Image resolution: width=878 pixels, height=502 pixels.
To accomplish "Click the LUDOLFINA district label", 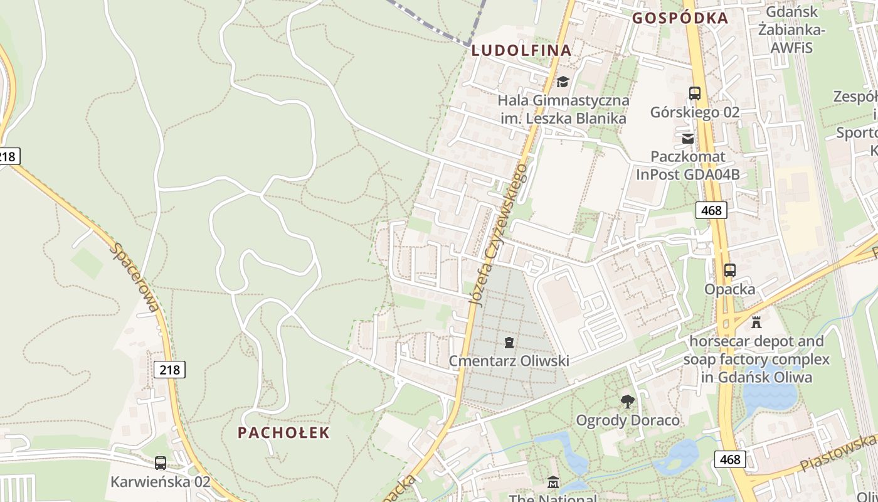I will click(521, 51).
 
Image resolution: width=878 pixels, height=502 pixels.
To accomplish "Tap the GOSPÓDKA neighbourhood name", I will click(680, 18).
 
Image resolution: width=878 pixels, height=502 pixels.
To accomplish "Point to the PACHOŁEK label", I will click(283, 432).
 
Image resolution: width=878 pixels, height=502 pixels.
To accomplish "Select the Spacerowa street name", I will click(135, 276).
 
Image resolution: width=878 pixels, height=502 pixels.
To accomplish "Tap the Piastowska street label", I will click(838, 453).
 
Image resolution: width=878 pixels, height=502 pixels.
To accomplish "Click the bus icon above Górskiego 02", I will click(695, 93).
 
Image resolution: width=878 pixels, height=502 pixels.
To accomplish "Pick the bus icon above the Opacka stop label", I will click(729, 270).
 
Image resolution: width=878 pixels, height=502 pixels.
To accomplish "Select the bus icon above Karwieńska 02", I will click(161, 463).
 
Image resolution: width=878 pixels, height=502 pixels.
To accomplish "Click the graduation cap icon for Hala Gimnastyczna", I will click(563, 82).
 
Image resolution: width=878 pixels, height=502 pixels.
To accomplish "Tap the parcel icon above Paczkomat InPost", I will click(688, 138).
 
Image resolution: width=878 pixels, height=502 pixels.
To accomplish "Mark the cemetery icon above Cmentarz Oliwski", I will click(509, 343).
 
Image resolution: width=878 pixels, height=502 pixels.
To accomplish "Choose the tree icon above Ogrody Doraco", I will click(627, 402).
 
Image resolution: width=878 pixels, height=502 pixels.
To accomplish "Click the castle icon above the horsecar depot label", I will click(756, 323).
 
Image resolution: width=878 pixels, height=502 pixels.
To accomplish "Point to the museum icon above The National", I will click(553, 483).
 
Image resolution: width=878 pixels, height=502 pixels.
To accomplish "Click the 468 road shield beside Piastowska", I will click(731, 459).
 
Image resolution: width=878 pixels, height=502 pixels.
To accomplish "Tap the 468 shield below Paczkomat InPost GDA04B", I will click(711, 210).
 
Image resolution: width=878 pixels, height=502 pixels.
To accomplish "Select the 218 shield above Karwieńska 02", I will click(169, 370).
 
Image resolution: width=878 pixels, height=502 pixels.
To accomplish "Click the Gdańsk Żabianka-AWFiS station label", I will click(791, 29).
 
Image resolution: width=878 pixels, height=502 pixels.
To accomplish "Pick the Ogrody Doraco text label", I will click(627, 420).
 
